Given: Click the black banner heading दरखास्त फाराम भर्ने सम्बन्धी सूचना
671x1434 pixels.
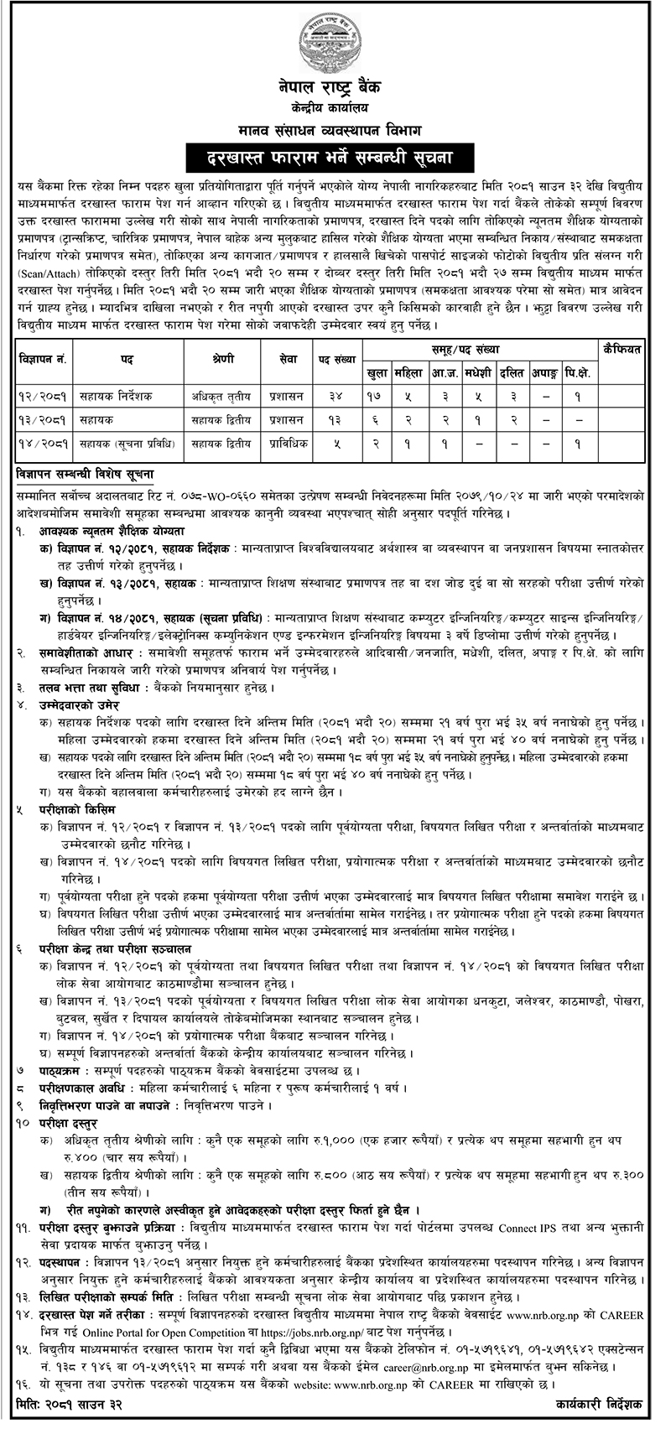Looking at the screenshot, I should [335, 158].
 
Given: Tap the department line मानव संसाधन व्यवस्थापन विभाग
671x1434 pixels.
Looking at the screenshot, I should [335, 129].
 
